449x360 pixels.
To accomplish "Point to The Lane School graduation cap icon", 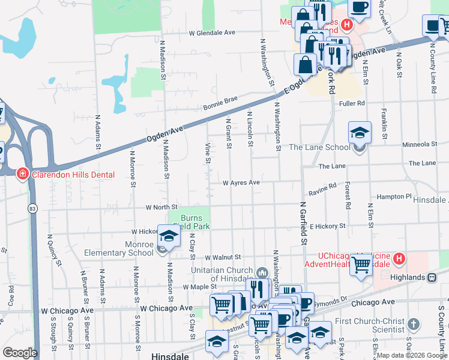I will pyautogui.click(x=360, y=133).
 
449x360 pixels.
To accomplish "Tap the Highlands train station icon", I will pyautogui.click(x=432, y=277).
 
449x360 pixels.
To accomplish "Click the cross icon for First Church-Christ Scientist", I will pyautogui.click(x=412, y=325).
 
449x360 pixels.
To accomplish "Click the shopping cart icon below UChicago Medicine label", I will pyautogui.click(x=361, y=264).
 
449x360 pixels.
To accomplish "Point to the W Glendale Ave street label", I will pyautogui.click(x=211, y=34).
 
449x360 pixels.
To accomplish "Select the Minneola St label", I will pyautogui.click(x=420, y=145).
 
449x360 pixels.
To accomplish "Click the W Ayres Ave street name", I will pyautogui.click(x=241, y=182).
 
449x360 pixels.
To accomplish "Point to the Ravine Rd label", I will pyautogui.click(x=323, y=190).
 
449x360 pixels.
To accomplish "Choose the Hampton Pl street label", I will pyautogui.click(x=394, y=197).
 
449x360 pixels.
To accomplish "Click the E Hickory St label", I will pyautogui.click(x=328, y=226).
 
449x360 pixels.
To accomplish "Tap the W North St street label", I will pyautogui.click(x=161, y=208).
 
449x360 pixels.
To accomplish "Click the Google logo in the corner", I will pyautogui.click(x=19, y=353).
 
